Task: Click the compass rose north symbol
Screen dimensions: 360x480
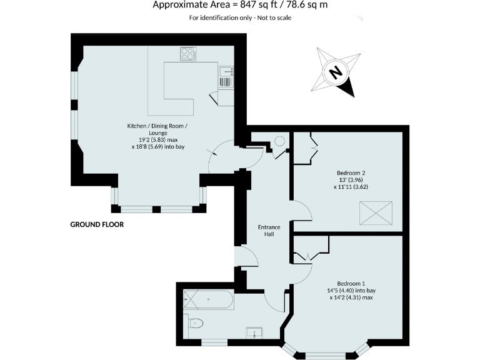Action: pos(336,72)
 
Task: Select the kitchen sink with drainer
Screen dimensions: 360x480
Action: pos(226,76)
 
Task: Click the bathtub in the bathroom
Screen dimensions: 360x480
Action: pos(208,302)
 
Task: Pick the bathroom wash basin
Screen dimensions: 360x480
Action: pos(254,331)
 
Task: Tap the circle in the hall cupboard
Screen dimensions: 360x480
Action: pos(278,141)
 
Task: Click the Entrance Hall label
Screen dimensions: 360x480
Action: pos(269,231)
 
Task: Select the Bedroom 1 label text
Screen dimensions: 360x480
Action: pos(350,282)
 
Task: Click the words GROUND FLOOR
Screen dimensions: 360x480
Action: pos(97,224)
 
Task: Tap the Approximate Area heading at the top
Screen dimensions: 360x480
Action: pos(240,6)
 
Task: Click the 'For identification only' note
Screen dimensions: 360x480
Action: pos(240,17)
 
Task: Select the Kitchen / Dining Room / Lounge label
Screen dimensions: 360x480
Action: pos(157,129)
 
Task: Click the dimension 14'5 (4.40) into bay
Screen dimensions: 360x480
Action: pos(350,290)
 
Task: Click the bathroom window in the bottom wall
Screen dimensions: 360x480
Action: pos(214,341)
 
